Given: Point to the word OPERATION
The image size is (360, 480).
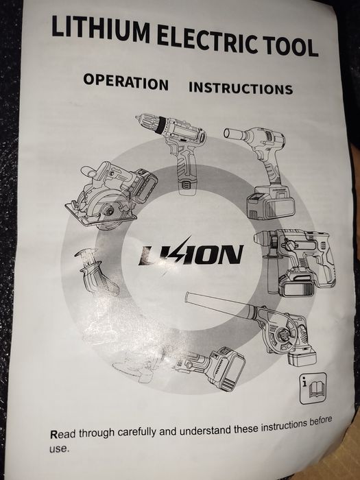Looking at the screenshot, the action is pyautogui.click(x=125, y=82).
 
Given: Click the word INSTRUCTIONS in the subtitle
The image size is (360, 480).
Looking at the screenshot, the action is pyautogui.click(x=241, y=88).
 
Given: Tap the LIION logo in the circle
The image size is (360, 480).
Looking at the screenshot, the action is pyautogui.click(x=191, y=254).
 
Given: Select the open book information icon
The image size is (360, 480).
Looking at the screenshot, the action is pyautogui.click(x=313, y=389).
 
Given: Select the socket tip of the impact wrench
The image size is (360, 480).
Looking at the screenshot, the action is pyautogui.click(x=233, y=134).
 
